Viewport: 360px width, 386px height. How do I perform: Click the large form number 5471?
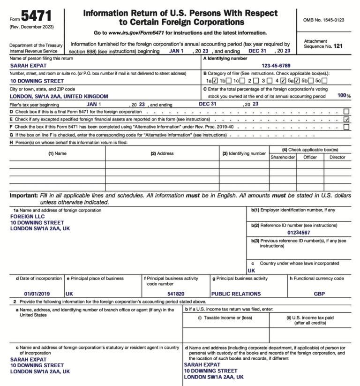pyautogui.click(x=37, y=18)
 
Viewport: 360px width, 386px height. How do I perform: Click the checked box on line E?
pyautogui.click(x=346, y=120)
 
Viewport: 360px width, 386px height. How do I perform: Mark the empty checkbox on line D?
pyautogui.click(x=346, y=112)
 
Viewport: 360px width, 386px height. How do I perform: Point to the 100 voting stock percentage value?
pyautogui.click(x=341, y=96)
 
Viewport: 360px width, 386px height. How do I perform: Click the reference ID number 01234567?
pyautogui.click(x=299, y=232)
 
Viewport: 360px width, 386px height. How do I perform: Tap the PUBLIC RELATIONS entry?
pyautogui.click(x=236, y=294)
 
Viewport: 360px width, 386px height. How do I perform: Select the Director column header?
pyautogui.click(x=337, y=157)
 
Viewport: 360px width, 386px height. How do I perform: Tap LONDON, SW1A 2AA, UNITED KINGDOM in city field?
pyautogui.click(x=59, y=96)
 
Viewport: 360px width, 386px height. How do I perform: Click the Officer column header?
pyautogui.click(x=310, y=157)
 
